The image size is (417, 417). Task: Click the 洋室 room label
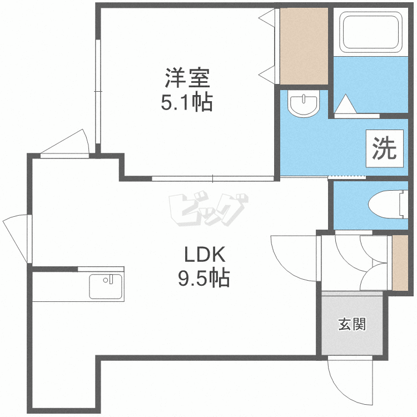tap(187, 78)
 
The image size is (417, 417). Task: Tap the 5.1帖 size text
tap(187, 102)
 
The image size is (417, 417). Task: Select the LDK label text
tap(205, 255)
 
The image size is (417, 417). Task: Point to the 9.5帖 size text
tap(203, 278)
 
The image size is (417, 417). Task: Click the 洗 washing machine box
tap(385, 148)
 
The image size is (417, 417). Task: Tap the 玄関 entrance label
tap(352, 324)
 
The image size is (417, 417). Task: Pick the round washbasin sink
tap(304, 105)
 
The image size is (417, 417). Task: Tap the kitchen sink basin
tap(106, 287)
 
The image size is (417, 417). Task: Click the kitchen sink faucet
tap(109, 280)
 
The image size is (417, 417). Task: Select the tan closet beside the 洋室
tap(304, 46)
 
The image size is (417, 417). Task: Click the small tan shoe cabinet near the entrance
tap(400, 263)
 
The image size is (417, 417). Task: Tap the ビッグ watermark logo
tap(209, 208)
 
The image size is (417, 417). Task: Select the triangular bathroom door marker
tap(345, 105)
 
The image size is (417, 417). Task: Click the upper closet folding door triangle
tap(267, 18)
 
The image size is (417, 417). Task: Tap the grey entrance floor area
tap(352, 325)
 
